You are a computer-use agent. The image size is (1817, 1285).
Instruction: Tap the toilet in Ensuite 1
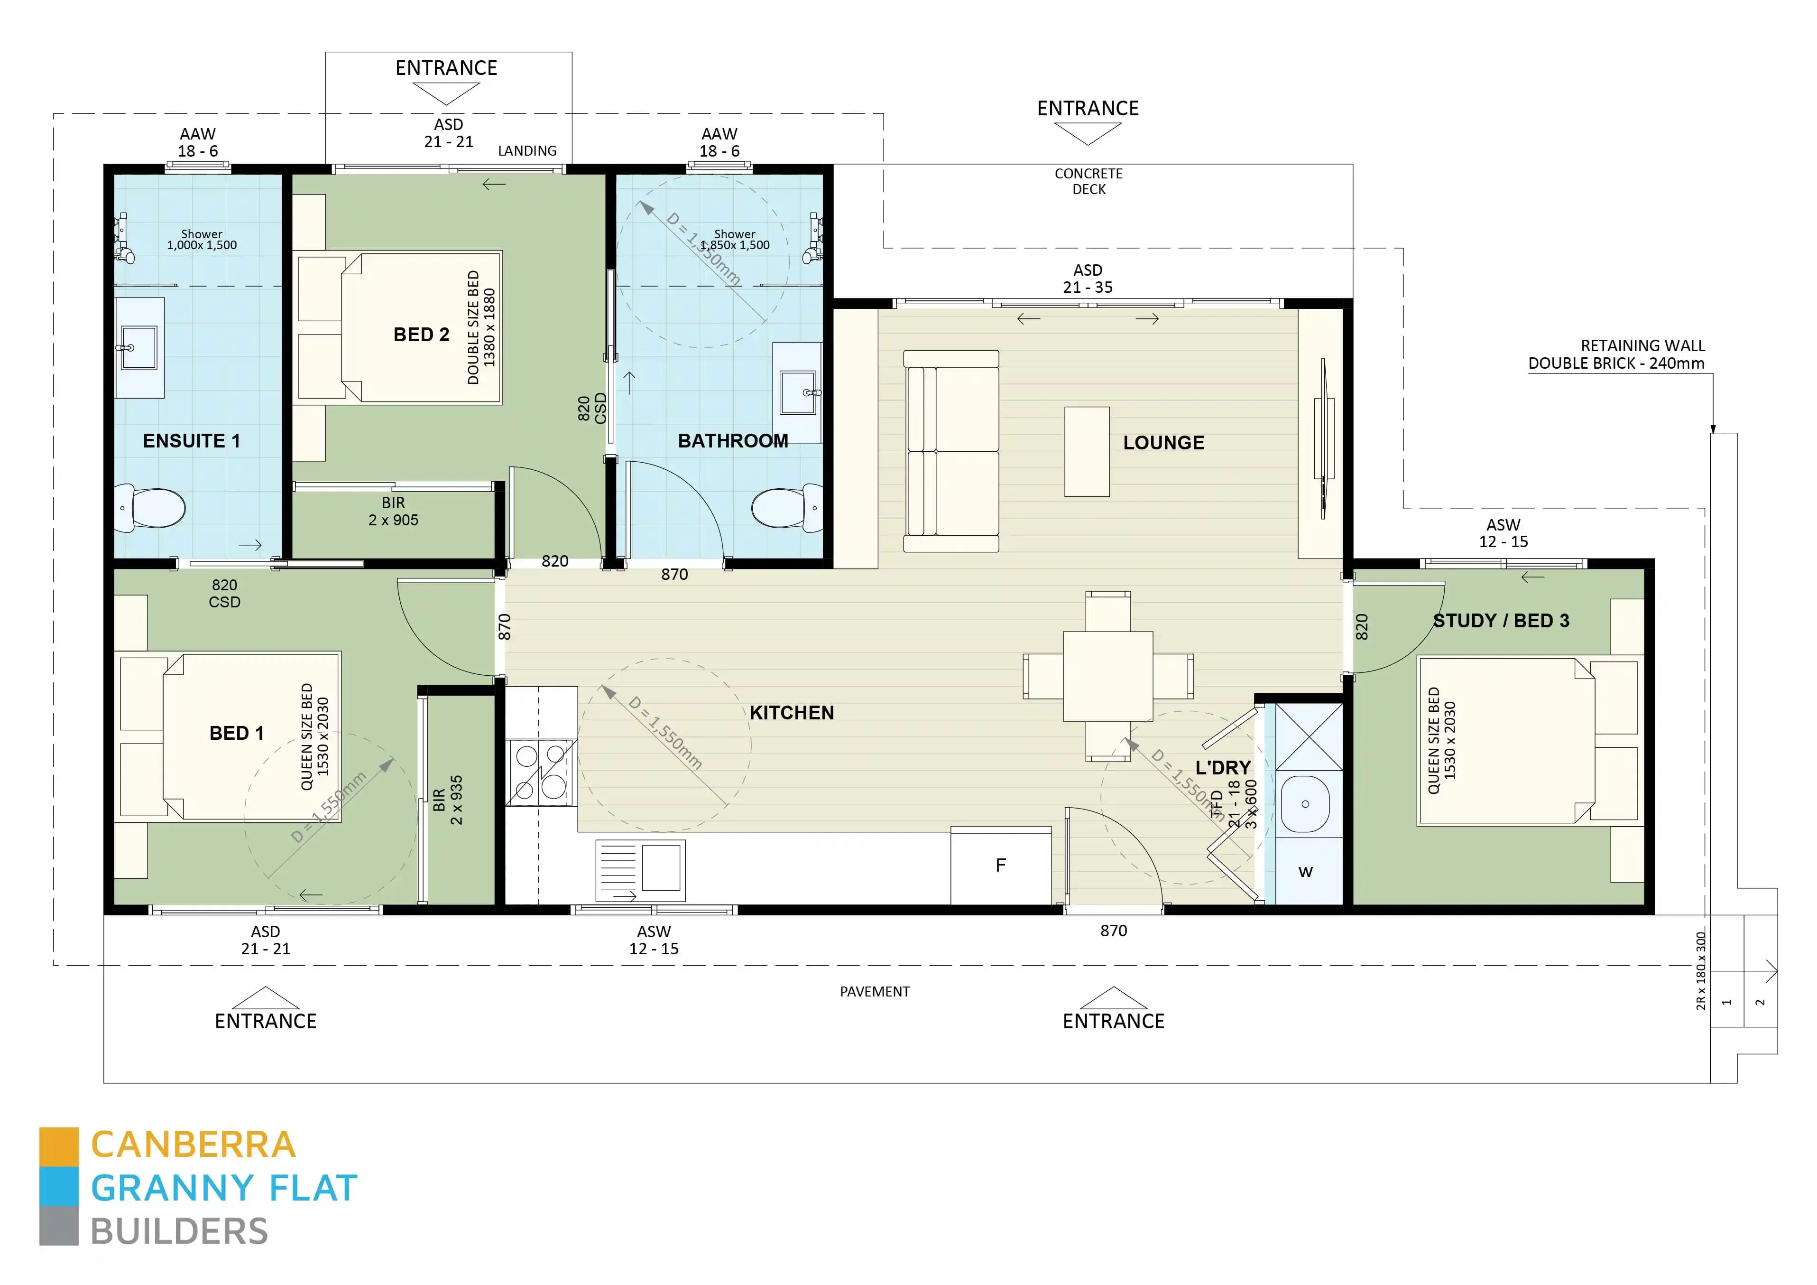tap(152, 508)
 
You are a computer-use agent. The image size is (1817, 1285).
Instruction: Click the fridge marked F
tap(1000, 866)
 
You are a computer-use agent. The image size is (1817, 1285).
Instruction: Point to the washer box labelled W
tap(1305, 872)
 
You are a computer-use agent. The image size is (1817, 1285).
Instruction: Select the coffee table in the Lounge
tap(1087, 451)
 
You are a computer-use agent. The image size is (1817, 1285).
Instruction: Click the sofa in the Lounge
tap(951, 451)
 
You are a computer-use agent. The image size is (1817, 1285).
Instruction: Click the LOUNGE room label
tap(1163, 443)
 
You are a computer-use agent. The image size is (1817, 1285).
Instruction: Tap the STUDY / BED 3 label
tap(1501, 621)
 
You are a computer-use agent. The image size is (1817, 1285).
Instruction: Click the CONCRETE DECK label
tap(1088, 180)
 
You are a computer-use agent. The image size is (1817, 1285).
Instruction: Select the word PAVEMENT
tap(875, 991)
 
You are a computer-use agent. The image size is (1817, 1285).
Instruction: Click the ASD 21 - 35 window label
tap(1088, 279)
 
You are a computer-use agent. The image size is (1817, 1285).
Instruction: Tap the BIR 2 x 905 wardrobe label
tap(393, 512)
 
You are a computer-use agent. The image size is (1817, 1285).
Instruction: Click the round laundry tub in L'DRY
tap(1304, 804)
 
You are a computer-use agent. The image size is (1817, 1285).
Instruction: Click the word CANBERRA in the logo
tap(193, 1145)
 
